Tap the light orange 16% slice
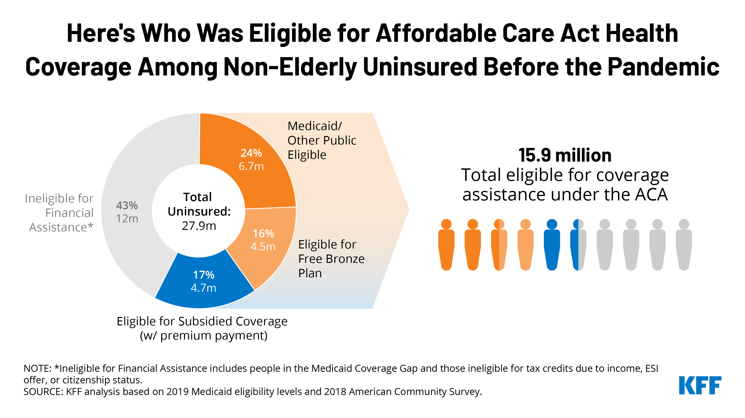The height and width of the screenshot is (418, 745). tap(263, 240)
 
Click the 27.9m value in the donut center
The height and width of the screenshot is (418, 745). tap(199, 226)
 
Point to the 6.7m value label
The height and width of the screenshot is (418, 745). tap(251, 166)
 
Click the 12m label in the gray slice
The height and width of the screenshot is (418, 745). tap(127, 219)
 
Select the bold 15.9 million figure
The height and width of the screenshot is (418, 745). tap(565, 155)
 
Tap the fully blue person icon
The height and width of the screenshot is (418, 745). tap(552, 245)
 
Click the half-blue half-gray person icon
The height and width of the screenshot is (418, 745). tap(578, 245)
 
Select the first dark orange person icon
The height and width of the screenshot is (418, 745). tap(446, 245)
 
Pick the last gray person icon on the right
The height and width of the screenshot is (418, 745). tap(684, 245)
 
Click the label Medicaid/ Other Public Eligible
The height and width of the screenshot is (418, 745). tap(322, 140)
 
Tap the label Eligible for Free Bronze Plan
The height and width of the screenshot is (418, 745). tap(331, 259)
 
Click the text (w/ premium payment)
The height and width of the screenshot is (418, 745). tap(204, 336)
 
